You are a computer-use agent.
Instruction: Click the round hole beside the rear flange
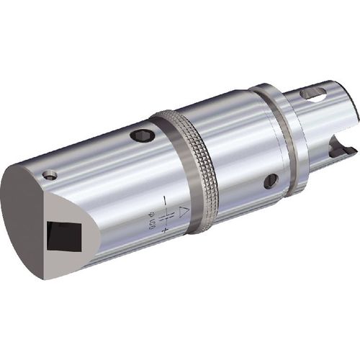[x=271, y=181]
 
